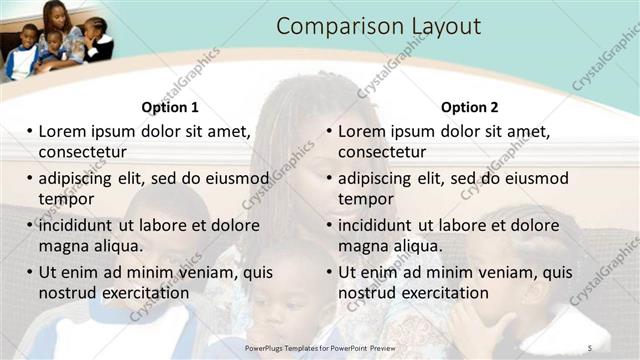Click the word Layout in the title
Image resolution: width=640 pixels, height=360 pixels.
click(439, 27)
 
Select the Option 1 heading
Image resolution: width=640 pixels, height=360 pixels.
click(170, 107)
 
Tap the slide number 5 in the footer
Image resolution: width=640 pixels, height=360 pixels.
click(590, 347)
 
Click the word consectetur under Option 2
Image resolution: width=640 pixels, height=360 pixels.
click(381, 152)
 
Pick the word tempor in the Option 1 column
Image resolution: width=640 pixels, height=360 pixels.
click(66, 199)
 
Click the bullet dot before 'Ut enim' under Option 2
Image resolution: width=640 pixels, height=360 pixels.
click(329, 272)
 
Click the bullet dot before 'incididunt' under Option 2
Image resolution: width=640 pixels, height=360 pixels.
click(329, 225)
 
